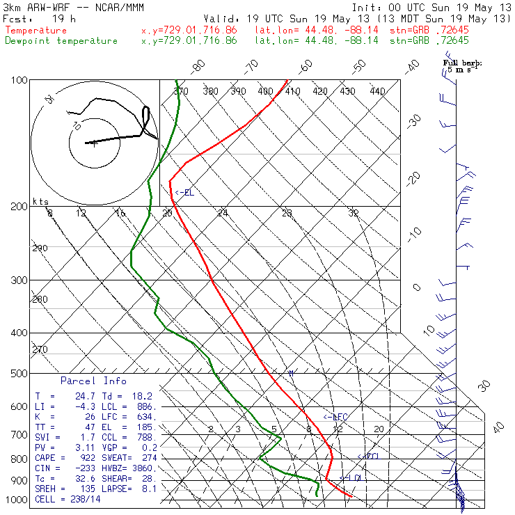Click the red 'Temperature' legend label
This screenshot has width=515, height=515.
(x=36, y=31)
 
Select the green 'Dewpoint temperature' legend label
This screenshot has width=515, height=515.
(x=61, y=41)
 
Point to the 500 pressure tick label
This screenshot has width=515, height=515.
(x=19, y=374)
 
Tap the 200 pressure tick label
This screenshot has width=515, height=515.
(x=19, y=206)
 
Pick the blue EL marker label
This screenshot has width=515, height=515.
(x=184, y=193)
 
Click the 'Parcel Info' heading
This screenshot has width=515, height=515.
(x=93, y=381)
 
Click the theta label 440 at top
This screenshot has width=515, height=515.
(x=377, y=91)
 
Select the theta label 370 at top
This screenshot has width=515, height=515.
(x=180, y=91)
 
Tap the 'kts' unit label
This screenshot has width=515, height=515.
(x=40, y=201)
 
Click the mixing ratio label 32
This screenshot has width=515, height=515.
(x=354, y=213)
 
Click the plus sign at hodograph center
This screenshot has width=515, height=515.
(x=93, y=144)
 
